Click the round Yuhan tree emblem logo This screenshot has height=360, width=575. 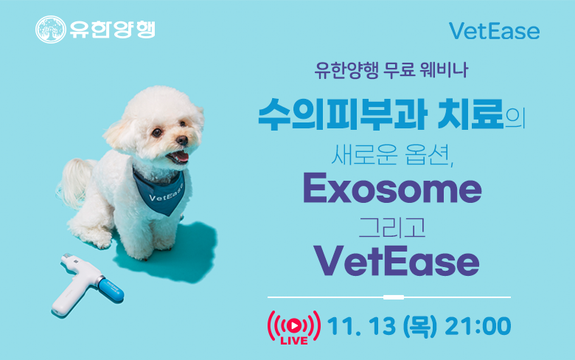click(51, 30)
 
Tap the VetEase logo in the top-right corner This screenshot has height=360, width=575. click(494, 31)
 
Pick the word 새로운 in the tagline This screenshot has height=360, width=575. click(364, 154)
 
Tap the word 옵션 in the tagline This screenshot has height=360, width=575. click(428, 154)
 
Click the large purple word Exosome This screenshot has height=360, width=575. click(392, 188)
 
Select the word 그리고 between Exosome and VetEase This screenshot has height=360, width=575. click(391, 227)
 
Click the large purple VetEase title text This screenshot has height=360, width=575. click(396, 260)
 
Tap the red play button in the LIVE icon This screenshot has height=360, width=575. click(293, 325)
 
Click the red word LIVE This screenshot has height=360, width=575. click(294, 341)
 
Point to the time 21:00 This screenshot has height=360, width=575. click(478, 326)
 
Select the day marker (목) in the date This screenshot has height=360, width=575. click(420, 326)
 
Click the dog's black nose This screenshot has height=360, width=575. click(182, 140)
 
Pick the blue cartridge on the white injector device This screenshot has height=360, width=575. click(111, 290)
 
